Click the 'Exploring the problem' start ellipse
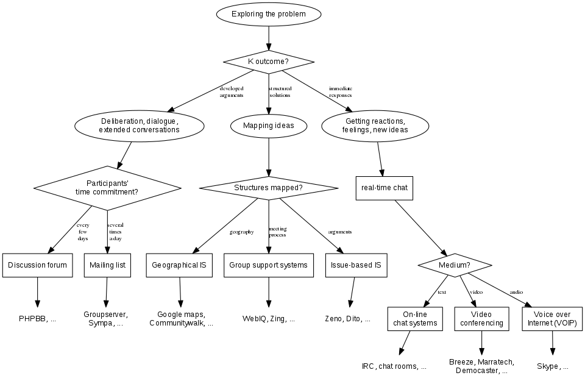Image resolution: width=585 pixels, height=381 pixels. pos(268,13)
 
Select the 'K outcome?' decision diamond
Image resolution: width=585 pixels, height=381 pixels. pos(268,62)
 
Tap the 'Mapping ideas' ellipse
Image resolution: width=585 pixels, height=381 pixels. pos(268,126)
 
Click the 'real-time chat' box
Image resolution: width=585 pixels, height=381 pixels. pos(384,188)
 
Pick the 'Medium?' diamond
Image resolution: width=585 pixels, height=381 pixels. pos(455,265)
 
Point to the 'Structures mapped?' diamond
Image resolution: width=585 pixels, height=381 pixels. pos(268,188)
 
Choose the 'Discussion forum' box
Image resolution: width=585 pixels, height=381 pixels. pos(38,265)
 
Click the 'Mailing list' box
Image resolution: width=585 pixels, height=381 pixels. pos(107,265)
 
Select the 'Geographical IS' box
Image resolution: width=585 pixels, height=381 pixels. pos(179,265)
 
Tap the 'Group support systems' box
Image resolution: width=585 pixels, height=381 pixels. pos(268,265)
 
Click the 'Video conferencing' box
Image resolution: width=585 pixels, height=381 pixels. pos(481,319)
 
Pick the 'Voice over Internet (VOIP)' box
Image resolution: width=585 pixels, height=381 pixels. pos(553,319)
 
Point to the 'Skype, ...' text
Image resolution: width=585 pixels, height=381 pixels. pos(553,366)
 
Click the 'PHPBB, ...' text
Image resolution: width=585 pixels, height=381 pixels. pos(38,318)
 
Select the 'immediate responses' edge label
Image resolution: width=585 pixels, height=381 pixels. pos(341,92)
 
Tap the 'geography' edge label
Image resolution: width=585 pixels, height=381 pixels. pos(241,232)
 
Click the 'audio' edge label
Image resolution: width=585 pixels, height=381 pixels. pos(516,292)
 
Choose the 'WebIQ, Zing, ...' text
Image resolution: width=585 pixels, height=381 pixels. pos(268,318)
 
